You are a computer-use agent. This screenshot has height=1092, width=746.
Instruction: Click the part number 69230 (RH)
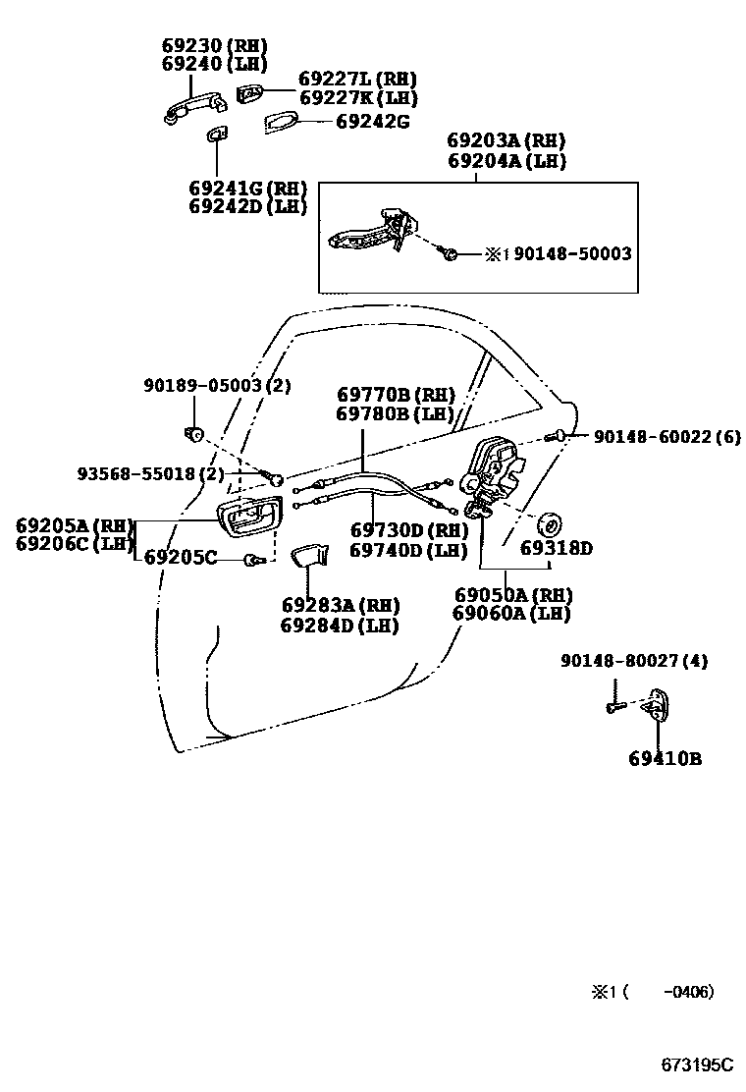tap(213, 46)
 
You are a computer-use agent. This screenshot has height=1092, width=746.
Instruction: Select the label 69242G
tap(372, 122)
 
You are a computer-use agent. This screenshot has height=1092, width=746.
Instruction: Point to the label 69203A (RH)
tap(506, 141)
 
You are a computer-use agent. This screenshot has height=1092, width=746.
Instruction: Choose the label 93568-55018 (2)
tap(151, 474)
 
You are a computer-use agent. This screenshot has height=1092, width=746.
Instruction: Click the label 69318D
tap(556, 548)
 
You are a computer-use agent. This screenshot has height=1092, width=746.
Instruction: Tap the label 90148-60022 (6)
tap(666, 436)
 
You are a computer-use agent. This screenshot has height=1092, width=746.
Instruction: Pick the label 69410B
tap(665, 758)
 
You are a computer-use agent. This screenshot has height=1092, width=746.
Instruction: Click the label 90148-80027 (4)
tap(634, 662)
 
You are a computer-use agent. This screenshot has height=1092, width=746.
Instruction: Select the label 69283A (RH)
tap(331, 605)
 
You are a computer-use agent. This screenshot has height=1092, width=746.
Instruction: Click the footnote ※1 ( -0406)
tap(652, 992)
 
